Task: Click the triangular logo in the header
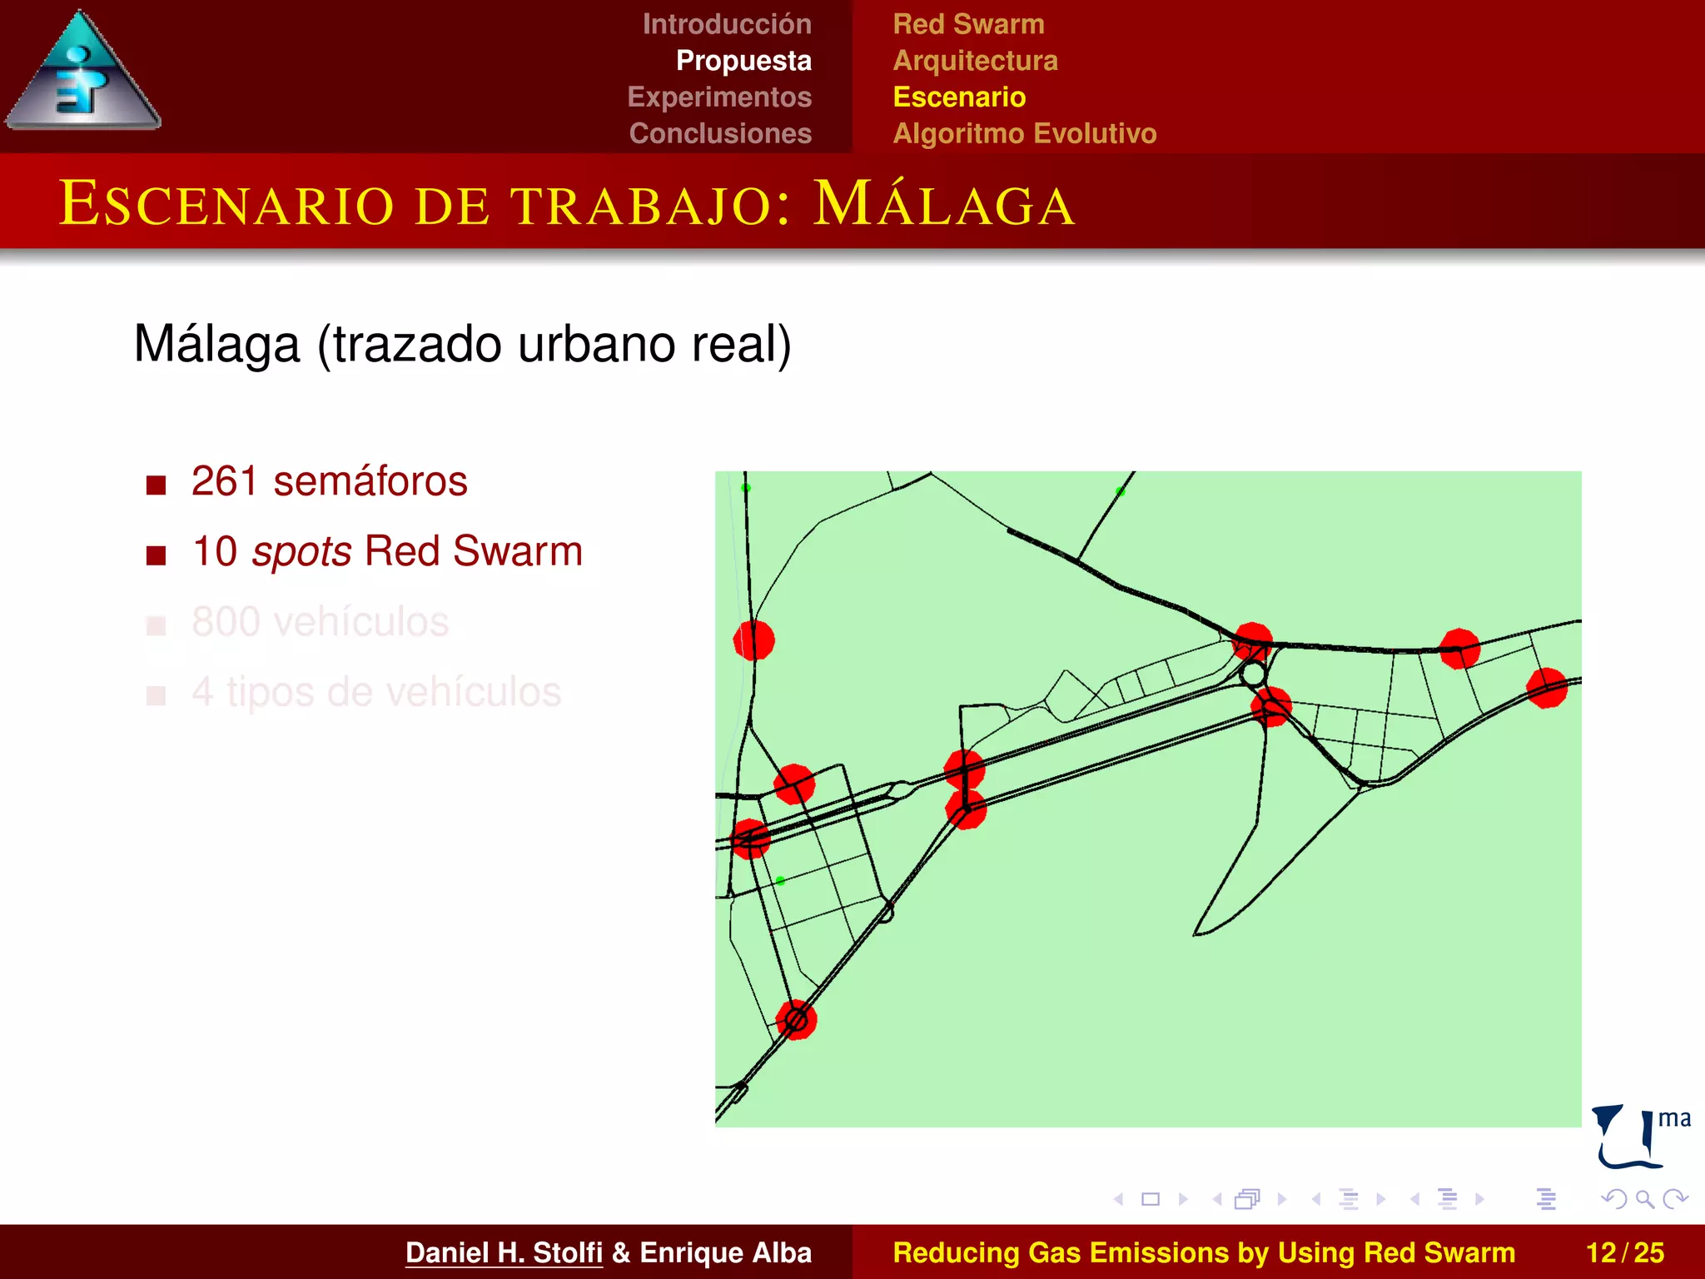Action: (x=82, y=75)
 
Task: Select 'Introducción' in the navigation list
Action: (x=726, y=24)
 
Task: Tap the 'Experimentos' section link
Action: (x=719, y=97)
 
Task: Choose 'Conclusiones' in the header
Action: (x=720, y=133)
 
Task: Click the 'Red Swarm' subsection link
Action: (x=968, y=24)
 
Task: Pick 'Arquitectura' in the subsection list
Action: (x=975, y=61)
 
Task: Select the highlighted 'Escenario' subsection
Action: (x=959, y=97)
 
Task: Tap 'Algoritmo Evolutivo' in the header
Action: (x=1024, y=133)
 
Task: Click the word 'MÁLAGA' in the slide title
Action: (x=944, y=204)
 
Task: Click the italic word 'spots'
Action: (x=301, y=551)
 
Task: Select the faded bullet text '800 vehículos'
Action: (x=320, y=622)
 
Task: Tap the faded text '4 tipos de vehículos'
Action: (x=376, y=692)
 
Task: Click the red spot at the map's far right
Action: (x=1547, y=688)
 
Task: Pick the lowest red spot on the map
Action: (x=797, y=1019)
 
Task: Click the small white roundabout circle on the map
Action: (x=1253, y=674)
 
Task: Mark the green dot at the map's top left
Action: (x=746, y=488)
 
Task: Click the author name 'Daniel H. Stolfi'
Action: (x=504, y=1252)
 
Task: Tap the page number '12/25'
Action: (x=1624, y=1252)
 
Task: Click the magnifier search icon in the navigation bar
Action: (x=1644, y=1199)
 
